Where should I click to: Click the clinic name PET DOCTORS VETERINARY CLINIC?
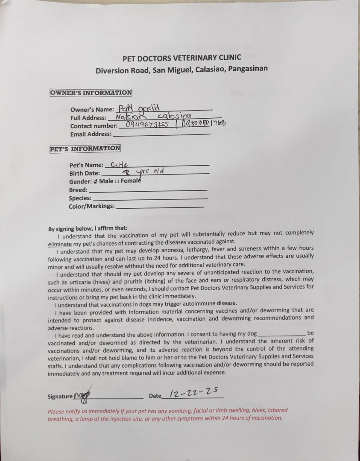[181, 58]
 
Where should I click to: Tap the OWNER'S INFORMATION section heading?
[91, 93]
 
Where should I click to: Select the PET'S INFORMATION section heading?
[85, 149]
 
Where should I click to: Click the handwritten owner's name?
[138, 108]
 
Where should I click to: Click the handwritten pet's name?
[119, 164]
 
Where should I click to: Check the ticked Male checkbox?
[96, 181]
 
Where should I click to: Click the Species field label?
[80, 198]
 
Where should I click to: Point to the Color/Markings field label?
[91, 206]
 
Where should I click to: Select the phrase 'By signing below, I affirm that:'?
[88, 228]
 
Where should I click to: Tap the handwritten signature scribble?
[82, 396]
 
